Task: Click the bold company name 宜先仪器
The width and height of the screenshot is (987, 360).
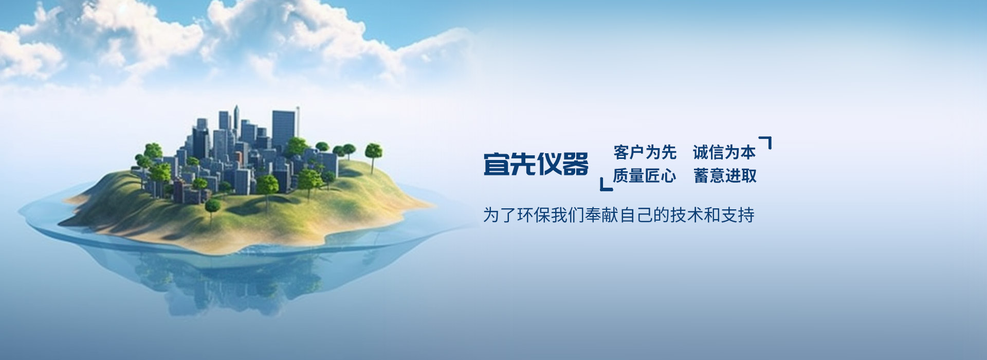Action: click(536, 165)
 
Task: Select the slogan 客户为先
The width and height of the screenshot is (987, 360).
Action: click(645, 152)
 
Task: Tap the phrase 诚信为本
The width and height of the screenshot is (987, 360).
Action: click(724, 152)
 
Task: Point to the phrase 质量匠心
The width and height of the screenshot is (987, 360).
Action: click(644, 176)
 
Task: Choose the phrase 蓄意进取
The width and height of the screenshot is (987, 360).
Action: click(725, 176)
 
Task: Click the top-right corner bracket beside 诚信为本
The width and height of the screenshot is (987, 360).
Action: click(767, 141)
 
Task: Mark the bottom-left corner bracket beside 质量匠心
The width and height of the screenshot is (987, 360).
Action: click(605, 186)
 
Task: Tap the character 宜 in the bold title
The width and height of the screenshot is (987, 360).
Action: click(496, 165)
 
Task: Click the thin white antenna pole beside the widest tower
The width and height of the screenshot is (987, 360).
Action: click(298, 121)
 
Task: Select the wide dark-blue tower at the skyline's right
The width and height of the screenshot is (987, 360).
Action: click(283, 129)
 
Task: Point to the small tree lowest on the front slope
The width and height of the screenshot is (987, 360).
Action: click(212, 207)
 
